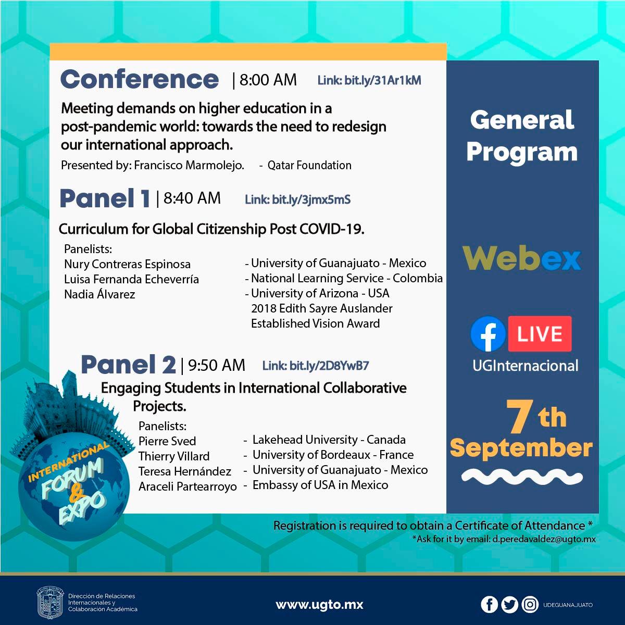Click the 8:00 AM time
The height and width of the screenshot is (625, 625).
click(268, 80)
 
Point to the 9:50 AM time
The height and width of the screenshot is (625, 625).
click(217, 365)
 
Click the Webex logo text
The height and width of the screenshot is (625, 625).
click(522, 258)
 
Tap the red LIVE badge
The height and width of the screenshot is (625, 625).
click(540, 334)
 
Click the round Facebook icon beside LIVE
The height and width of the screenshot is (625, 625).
click(488, 334)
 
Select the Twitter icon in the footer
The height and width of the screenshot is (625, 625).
click(509, 605)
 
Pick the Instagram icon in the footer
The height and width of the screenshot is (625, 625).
click(530, 605)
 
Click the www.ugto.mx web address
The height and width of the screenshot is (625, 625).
click(319, 605)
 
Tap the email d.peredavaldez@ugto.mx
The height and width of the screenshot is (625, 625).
click(544, 539)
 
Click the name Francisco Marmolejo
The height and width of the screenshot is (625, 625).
click(189, 166)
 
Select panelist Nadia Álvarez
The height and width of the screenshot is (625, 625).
click(99, 294)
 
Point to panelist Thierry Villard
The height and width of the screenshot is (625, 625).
click(174, 456)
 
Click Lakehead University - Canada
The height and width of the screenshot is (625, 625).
click(329, 440)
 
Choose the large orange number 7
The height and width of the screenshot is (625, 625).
click(520, 416)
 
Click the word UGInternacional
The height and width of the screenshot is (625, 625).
click(526, 366)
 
